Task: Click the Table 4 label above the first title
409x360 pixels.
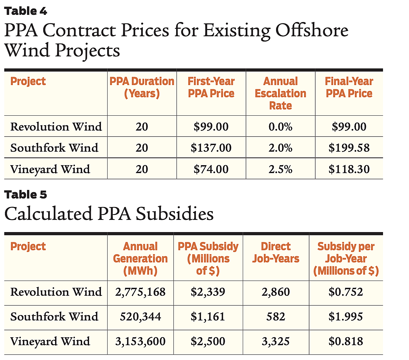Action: [26, 11]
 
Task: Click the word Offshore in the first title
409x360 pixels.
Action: [312, 31]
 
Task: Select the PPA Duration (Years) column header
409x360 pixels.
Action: [142, 87]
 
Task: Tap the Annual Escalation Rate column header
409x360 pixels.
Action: [280, 93]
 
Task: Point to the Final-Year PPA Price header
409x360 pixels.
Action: [349, 87]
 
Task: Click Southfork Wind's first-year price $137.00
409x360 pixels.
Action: [211, 148]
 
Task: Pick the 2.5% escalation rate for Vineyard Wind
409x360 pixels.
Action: [280, 169]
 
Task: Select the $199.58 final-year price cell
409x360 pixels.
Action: [349, 148]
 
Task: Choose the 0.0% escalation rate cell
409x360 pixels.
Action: [280, 127]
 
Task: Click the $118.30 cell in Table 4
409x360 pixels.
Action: [349, 169]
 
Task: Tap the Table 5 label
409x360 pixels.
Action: [26, 195]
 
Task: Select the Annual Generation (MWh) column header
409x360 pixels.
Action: [141, 258]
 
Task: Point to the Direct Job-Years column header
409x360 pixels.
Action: [276, 253]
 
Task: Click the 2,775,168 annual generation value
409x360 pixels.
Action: [141, 292]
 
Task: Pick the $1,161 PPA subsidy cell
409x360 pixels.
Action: [208, 317]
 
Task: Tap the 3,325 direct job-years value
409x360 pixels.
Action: [276, 342]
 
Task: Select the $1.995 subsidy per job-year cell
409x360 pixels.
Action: [346, 317]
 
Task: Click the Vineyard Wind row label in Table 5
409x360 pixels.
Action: [50, 342]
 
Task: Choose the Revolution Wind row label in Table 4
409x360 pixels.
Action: [56, 127]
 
